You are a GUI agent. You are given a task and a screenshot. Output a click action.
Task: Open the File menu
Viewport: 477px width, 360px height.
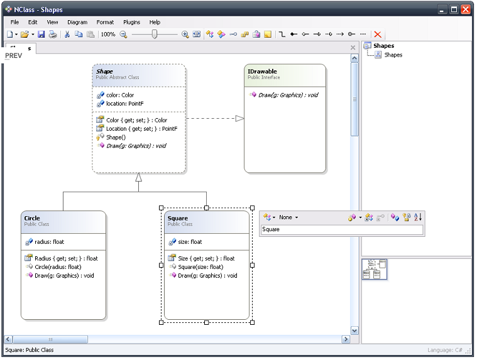pyautogui.click(x=14, y=22)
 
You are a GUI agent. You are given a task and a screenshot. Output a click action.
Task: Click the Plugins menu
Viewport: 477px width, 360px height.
pyautogui.click(x=131, y=22)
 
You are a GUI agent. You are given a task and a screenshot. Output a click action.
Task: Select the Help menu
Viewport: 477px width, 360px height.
pyautogui.click(x=155, y=22)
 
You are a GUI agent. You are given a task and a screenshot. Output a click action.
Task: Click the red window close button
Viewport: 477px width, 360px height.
pyautogui.click(x=466, y=9)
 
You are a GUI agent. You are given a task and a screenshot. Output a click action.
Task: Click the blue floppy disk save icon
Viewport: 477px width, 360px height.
pyautogui.click(x=41, y=35)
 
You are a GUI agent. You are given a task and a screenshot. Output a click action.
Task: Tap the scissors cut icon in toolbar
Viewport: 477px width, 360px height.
pyautogui.click(x=67, y=35)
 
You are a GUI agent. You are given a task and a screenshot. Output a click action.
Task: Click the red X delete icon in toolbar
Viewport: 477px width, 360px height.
pyautogui.click(x=378, y=35)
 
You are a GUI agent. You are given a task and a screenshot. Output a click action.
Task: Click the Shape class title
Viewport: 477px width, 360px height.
pyautogui.click(x=104, y=72)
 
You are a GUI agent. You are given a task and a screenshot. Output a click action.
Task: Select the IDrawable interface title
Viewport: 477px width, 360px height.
pyautogui.click(x=262, y=72)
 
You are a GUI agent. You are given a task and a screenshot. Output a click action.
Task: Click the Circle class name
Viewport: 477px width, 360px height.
pyautogui.click(x=32, y=218)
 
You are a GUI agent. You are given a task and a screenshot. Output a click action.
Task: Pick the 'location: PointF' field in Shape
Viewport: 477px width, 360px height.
pyautogui.click(x=124, y=104)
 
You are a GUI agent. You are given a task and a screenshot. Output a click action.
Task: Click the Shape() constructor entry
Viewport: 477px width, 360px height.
pyautogui.click(x=116, y=138)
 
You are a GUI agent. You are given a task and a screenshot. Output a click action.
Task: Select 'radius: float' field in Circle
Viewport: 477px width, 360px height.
pyautogui.click(x=49, y=242)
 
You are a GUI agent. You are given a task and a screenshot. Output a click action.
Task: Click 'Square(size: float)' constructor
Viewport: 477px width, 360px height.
pyautogui.click(x=200, y=267)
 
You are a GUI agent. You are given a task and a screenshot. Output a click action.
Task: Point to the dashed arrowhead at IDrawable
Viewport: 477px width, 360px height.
pyautogui.click(x=239, y=118)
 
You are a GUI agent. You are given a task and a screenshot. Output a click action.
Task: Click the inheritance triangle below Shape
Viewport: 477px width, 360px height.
pyautogui.click(x=139, y=177)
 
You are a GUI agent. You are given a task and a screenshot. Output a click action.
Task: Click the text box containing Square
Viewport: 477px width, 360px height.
pyautogui.click(x=342, y=229)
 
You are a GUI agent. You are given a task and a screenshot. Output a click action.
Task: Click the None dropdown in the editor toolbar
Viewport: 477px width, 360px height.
pyautogui.click(x=288, y=217)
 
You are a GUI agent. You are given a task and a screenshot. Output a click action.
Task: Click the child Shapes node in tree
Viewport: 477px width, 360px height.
pyautogui.click(x=393, y=55)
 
